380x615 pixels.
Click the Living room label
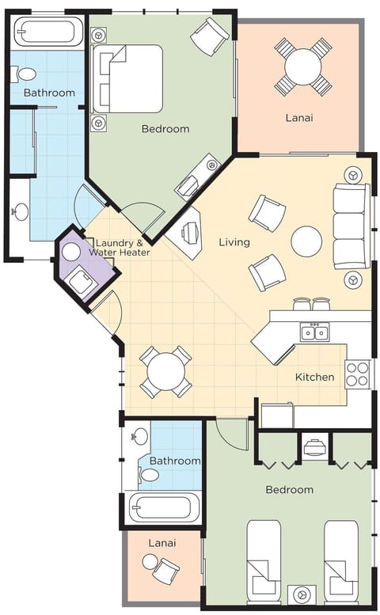coord(234,241)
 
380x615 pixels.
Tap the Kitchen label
coord(315,377)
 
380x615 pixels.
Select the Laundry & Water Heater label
coord(118,247)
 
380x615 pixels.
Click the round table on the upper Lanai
coord(303,66)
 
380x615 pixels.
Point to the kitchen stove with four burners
coord(357,373)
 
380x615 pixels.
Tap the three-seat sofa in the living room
coord(349,226)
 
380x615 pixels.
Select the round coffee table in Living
coord(306,241)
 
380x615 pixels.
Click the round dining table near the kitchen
coord(165,371)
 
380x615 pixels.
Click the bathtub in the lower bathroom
coord(164,507)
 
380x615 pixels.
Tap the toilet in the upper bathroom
coord(25,74)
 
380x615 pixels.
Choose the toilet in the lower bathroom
coord(148,475)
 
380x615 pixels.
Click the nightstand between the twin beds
coord(302,594)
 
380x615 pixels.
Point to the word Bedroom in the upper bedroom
coord(165,128)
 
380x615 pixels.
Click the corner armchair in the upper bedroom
coord(211,36)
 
